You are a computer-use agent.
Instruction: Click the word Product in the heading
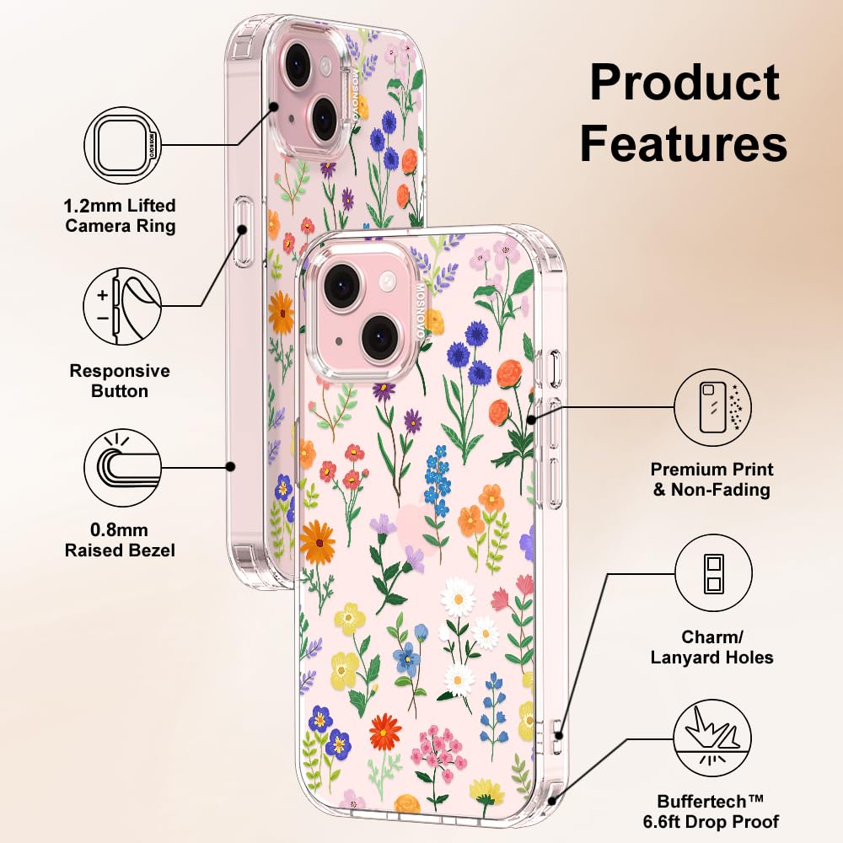click(x=684, y=83)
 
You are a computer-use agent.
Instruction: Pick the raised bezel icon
click(x=123, y=467)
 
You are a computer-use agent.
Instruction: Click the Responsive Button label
click(x=120, y=381)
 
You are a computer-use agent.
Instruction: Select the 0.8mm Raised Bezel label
click(x=121, y=540)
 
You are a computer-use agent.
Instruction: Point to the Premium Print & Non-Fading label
click(x=712, y=480)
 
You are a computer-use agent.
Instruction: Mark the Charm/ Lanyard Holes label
click(x=712, y=647)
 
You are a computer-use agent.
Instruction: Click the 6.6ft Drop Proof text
click(x=718, y=821)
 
